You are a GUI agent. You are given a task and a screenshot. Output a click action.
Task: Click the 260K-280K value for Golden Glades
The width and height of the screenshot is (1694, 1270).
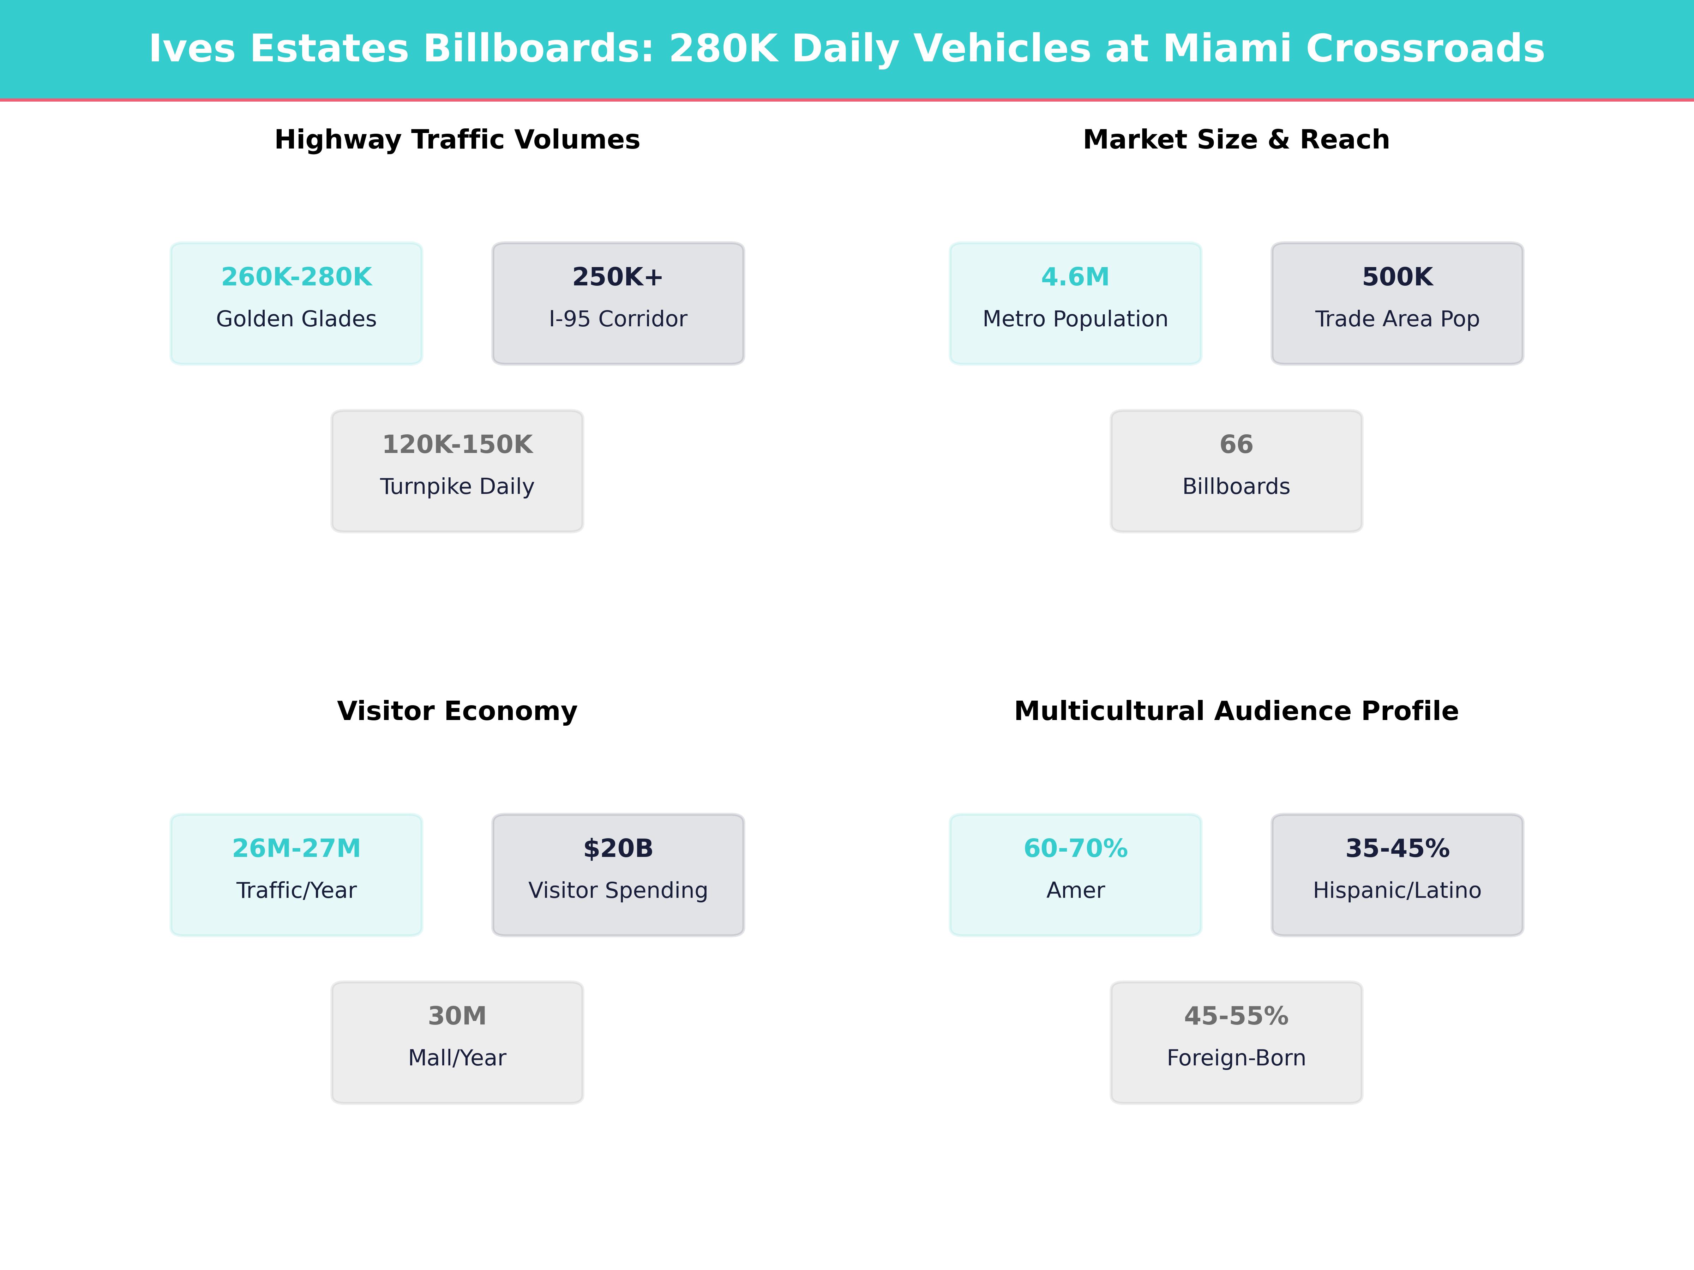coord(296,277)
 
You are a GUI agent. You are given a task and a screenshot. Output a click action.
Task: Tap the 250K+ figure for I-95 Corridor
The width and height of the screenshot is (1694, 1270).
coord(617,277)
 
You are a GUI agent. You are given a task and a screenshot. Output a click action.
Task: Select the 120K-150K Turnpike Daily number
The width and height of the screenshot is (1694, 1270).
coord(457,445)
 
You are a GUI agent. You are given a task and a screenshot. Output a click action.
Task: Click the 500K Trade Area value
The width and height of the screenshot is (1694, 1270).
coord(1397,277)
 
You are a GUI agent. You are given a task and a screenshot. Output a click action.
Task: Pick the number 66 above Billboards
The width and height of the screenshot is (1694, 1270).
coord(1236,445)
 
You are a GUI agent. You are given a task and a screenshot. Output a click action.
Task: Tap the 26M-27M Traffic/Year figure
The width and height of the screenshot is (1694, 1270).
coord(296,848)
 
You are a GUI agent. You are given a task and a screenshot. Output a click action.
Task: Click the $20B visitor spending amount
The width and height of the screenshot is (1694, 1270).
coord(617,848)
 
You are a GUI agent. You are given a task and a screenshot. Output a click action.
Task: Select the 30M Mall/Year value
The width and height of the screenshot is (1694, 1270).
coord(457,1016)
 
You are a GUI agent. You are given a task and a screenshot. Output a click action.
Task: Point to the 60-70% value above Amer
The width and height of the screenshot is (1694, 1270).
coord(1075,848)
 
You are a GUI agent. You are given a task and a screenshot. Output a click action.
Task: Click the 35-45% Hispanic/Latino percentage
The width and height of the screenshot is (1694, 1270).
coord(1397,848)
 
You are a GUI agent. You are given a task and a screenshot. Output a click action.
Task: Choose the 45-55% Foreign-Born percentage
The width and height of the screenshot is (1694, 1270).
coord(1236,1016)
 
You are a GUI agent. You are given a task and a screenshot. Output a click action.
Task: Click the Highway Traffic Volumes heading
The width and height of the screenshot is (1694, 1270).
coord(457,140)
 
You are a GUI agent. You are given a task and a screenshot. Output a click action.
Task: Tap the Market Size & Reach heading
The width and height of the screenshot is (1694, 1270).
coord(1236,140)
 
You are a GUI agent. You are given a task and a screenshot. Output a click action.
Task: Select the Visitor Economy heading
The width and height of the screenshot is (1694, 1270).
coord(457,711)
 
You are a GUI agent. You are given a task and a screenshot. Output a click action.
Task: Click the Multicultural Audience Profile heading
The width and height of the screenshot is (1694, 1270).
coord(1236,711)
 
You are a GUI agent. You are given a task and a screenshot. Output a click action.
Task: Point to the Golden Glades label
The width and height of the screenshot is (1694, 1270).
coord(296,319)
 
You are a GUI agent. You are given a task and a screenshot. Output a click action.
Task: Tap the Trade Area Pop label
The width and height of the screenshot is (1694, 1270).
coord(1397,319)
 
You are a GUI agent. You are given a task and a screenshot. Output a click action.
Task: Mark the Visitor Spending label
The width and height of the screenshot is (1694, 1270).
coord(617,890)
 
